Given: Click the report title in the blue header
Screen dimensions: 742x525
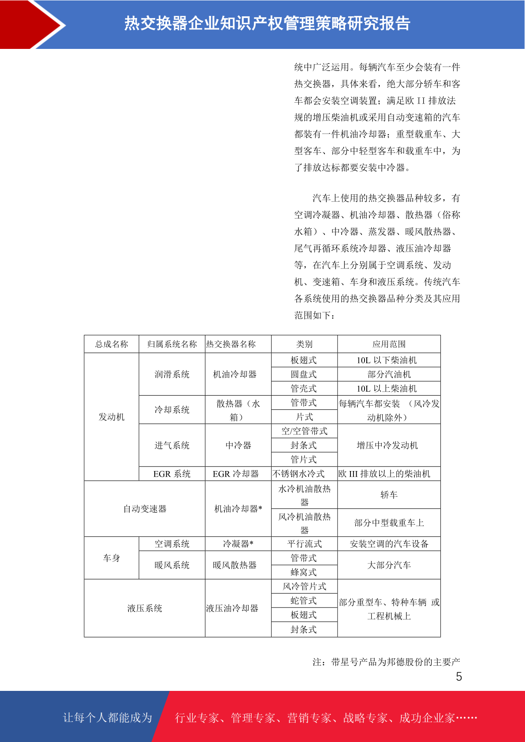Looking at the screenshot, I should (x=267, y=23).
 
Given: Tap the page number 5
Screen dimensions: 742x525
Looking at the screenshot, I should (x=459, y=677).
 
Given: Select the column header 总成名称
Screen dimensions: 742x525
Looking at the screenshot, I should (x=112, y=344).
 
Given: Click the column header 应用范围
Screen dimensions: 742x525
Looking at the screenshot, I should (x=389, y=344).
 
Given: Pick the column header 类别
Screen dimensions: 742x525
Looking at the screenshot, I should (x=304, y=344).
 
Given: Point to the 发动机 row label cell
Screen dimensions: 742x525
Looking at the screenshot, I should (x=112, y=417).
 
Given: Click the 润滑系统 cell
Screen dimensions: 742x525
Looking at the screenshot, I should (x=172, y=374).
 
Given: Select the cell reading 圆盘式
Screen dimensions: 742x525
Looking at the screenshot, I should (x=304, y=374).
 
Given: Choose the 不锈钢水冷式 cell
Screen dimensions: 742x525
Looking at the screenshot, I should (x=299, y=474).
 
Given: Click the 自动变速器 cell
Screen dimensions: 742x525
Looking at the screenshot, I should (x=145, y=509).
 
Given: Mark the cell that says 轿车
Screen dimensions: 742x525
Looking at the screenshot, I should (x=389, y=495).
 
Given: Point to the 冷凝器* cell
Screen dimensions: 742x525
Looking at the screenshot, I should (x=238, y=544).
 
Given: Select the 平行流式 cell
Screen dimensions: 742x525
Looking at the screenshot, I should (x=304, y=544).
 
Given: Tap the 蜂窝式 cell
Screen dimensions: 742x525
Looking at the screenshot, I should (x=304, y=572).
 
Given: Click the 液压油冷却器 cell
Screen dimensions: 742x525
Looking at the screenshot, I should (x=232, y=608).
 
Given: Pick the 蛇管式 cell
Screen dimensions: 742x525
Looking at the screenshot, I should (x=304, y=601).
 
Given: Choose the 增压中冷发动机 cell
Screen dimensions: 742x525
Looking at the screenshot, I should (x=387, y=445).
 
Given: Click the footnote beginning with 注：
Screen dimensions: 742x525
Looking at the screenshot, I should (x=386, y=662).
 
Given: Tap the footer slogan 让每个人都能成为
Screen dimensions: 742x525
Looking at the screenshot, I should (x=108, y=718).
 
